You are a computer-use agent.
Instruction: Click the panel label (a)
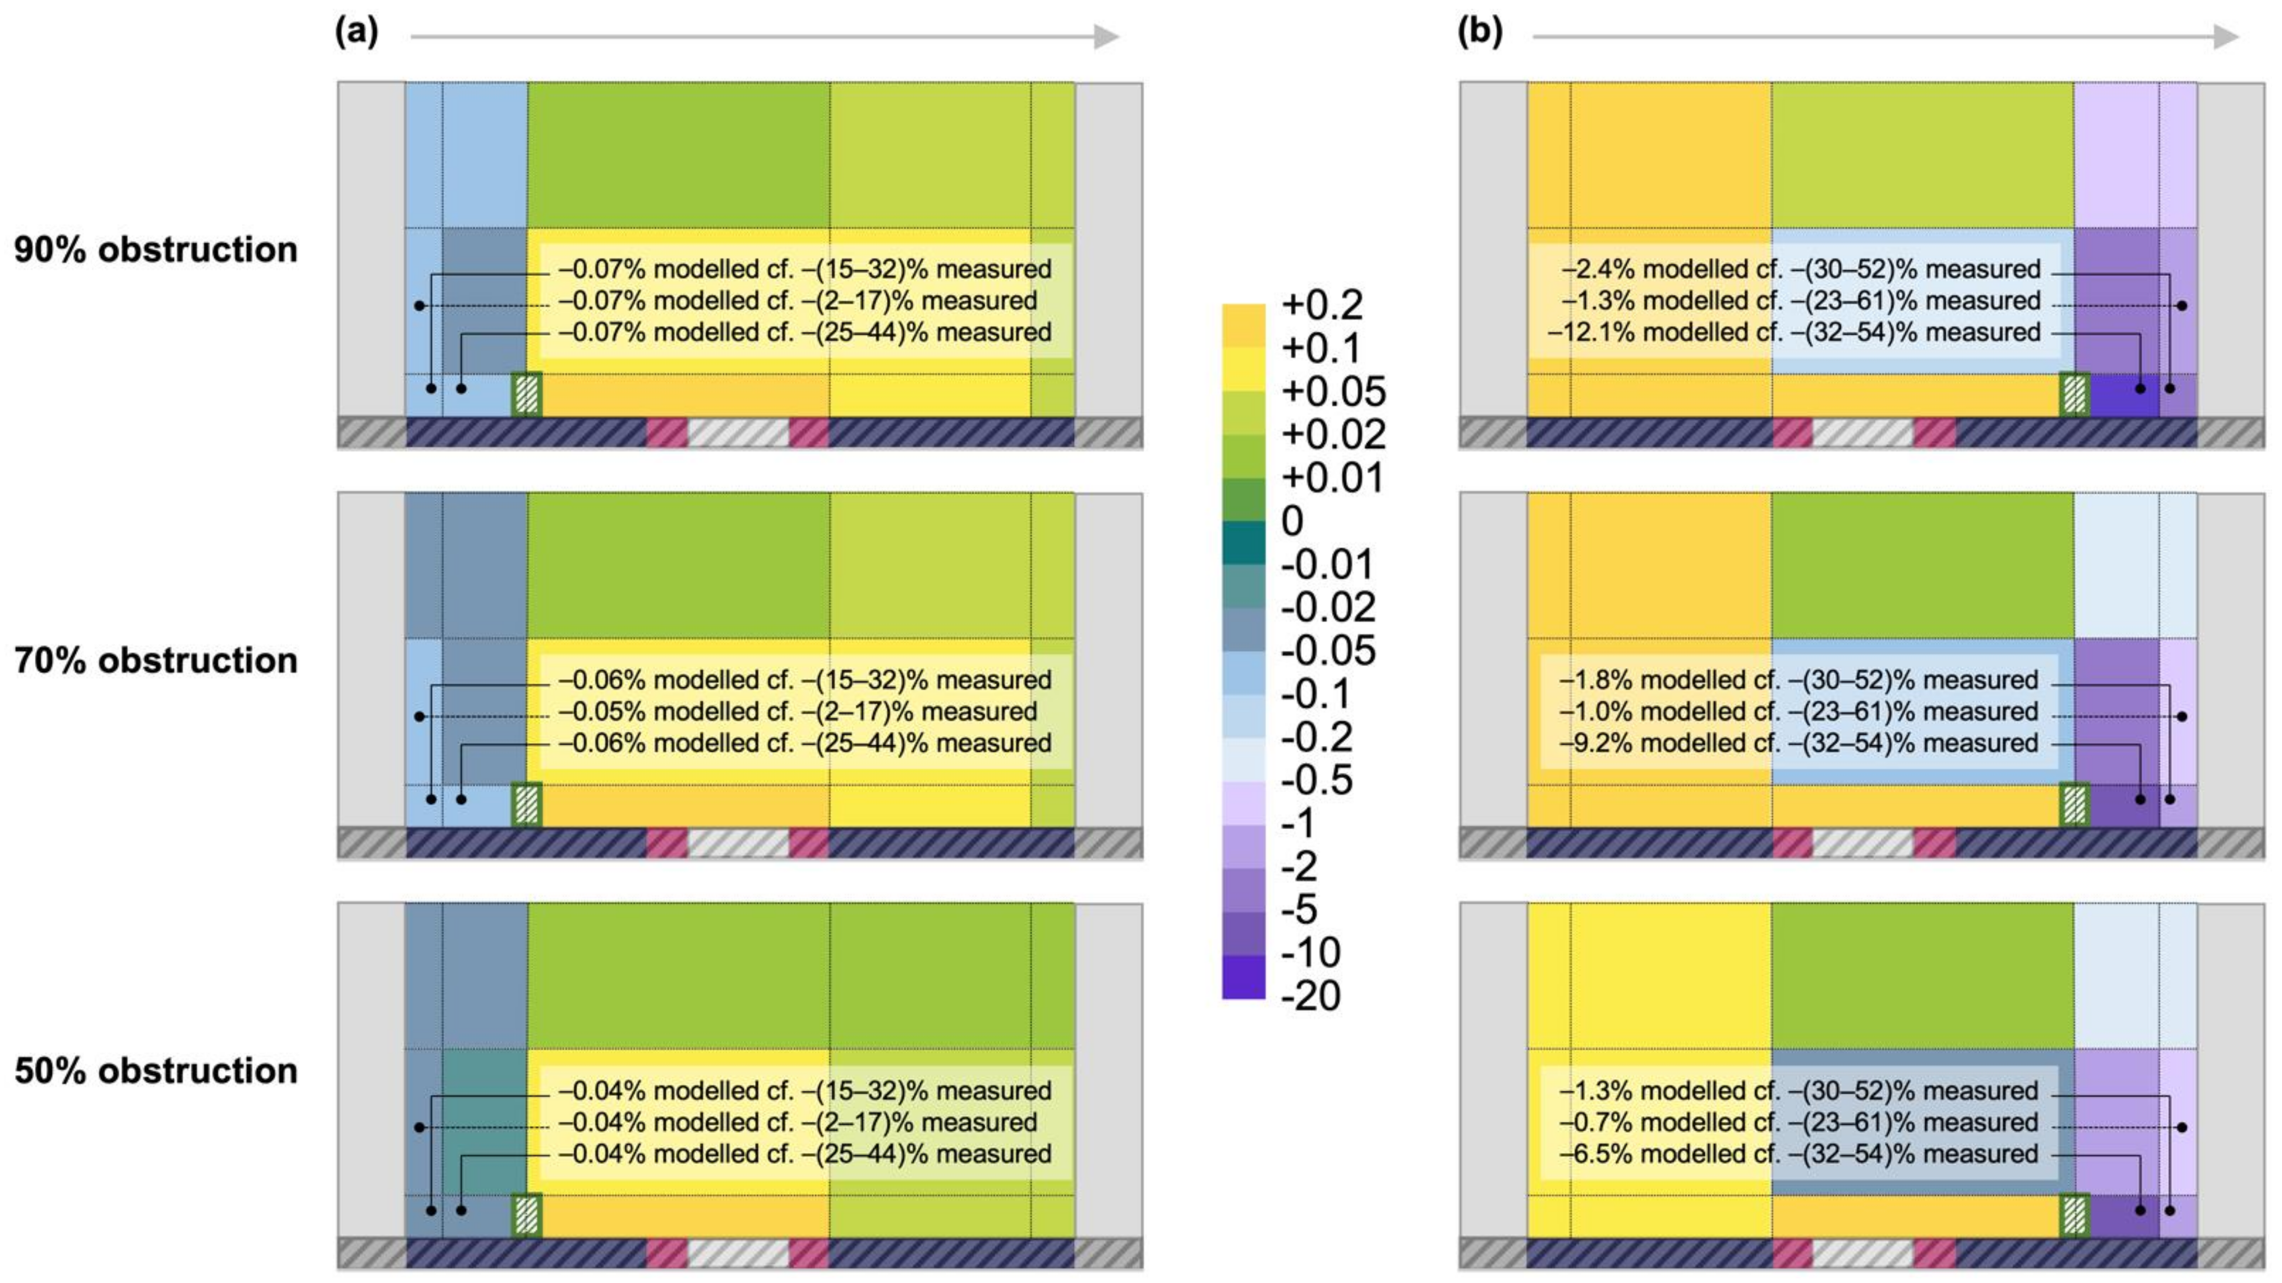pyautogui.click(x=356, y=33)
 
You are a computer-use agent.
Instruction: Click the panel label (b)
pyautogui.click(x=1480, y=33)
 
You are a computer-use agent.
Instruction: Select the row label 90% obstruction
pyautogui.click(x=156, y=250)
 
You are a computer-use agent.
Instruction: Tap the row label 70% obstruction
pyautogui.click(x=156, y=661)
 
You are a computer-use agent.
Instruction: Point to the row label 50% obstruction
pyautogui.click(x=156, y=1070)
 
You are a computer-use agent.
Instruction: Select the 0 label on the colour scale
pyautogui.click(x=1292, y=521)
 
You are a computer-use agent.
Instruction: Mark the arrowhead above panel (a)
pyautogui.click(x=1107, y=36)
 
